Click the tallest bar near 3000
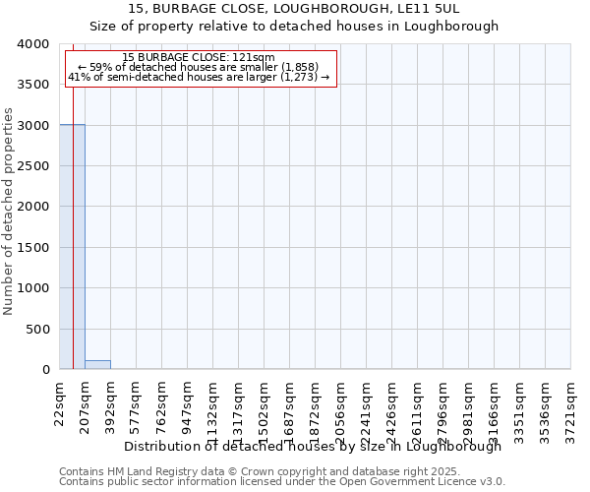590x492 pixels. coord(72,246)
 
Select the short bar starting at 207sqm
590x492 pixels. coord(97,364)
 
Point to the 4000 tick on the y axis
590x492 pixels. coord(32,44)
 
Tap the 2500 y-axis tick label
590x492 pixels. coord(32,166)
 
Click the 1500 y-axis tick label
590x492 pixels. coord(32,247)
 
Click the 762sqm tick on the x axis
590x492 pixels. coord(162,404)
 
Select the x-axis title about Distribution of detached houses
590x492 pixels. coord(314,446)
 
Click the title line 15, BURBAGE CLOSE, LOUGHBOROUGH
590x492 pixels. coord(294,9)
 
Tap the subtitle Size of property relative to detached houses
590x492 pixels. coord(294,27)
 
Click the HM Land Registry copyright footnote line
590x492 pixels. coord(260,471)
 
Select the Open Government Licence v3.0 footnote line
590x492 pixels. coord(282,482)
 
